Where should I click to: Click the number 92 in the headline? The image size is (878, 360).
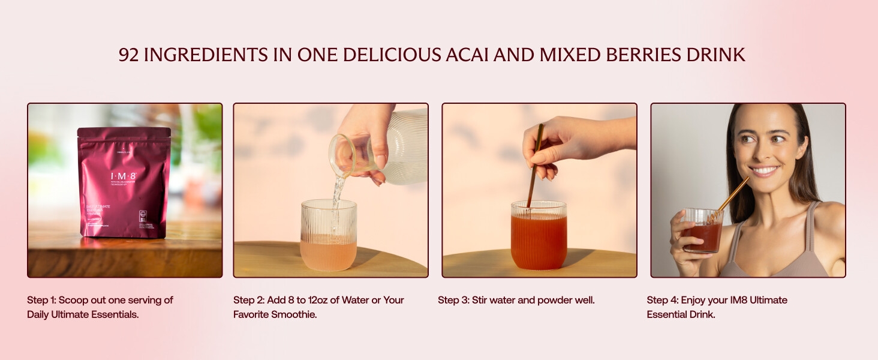point(129,55)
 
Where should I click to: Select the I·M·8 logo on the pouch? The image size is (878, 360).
point(124,176)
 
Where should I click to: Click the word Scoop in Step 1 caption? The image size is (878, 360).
point(73,300)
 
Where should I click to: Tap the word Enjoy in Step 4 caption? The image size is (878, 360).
point(695,300)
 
